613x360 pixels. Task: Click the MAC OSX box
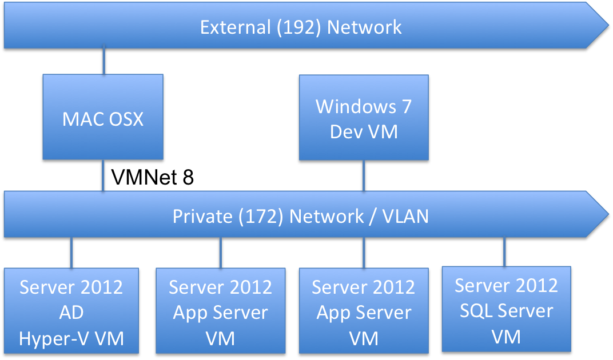point(103,119)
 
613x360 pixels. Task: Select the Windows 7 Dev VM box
point(364,118)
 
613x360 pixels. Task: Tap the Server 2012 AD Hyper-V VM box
point(71,312)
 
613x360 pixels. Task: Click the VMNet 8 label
point(153,178)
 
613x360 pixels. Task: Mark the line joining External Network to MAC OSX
point(104,62)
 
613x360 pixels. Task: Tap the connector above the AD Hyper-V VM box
point(71,253)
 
